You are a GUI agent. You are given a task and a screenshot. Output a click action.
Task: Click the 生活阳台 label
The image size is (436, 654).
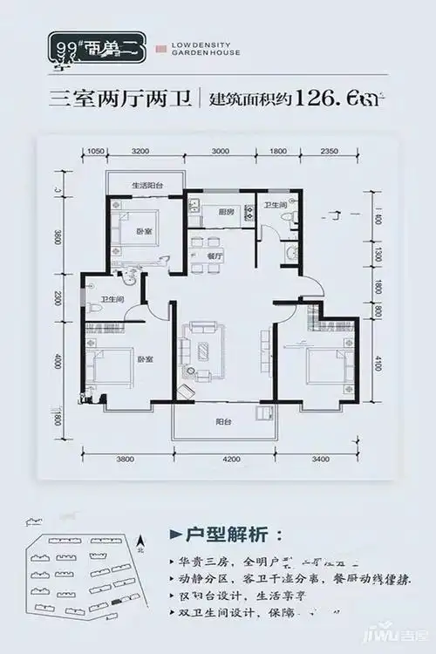coord(144,186)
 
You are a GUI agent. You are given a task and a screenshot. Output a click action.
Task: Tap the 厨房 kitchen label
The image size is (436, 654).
coord(226,211)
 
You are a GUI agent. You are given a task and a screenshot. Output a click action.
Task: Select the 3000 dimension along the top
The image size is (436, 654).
coord(221,152)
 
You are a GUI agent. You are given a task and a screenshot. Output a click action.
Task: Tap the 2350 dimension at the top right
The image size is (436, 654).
coord(328,152)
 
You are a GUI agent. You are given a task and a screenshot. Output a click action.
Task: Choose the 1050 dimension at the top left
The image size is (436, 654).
coord(97,152)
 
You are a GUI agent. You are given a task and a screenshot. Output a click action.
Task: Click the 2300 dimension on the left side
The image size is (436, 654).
coord(58,299)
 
